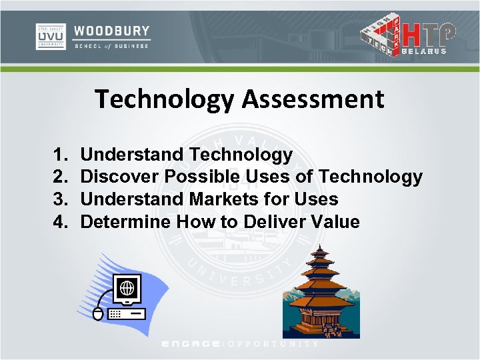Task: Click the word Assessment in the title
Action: pyautogui.click(x=313, y=99)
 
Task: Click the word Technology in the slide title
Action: pyautogui.click(x=165, y=99)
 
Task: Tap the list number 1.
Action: pyautogui.click(x=59, y=155)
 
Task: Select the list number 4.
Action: pyautogui.click(x=59, y=221)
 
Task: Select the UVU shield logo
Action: pyautogui.click(x=50, y=36)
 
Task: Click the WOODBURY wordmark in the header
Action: pyautogui.click(x=111, y=31)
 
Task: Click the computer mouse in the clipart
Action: pyautogui.click(x=99, y=313)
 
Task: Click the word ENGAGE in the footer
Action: pyautogui.click(x=191, y=343)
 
